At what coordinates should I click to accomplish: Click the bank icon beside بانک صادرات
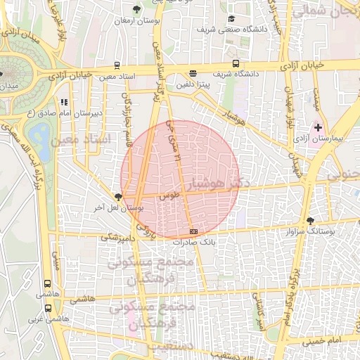[x=193, y=231]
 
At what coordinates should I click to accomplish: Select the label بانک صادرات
[x=193, y=242]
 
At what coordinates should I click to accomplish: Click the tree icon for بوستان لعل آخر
[x=118, y=198]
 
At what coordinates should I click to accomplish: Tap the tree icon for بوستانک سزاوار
[x=310, y=221]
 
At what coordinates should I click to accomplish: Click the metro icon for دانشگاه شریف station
[x=193, y=72]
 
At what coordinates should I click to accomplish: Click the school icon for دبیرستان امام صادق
[x=64, y=102]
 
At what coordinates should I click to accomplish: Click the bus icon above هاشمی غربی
[x=47, y=307]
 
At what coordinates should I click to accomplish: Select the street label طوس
[x=167, y=197]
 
